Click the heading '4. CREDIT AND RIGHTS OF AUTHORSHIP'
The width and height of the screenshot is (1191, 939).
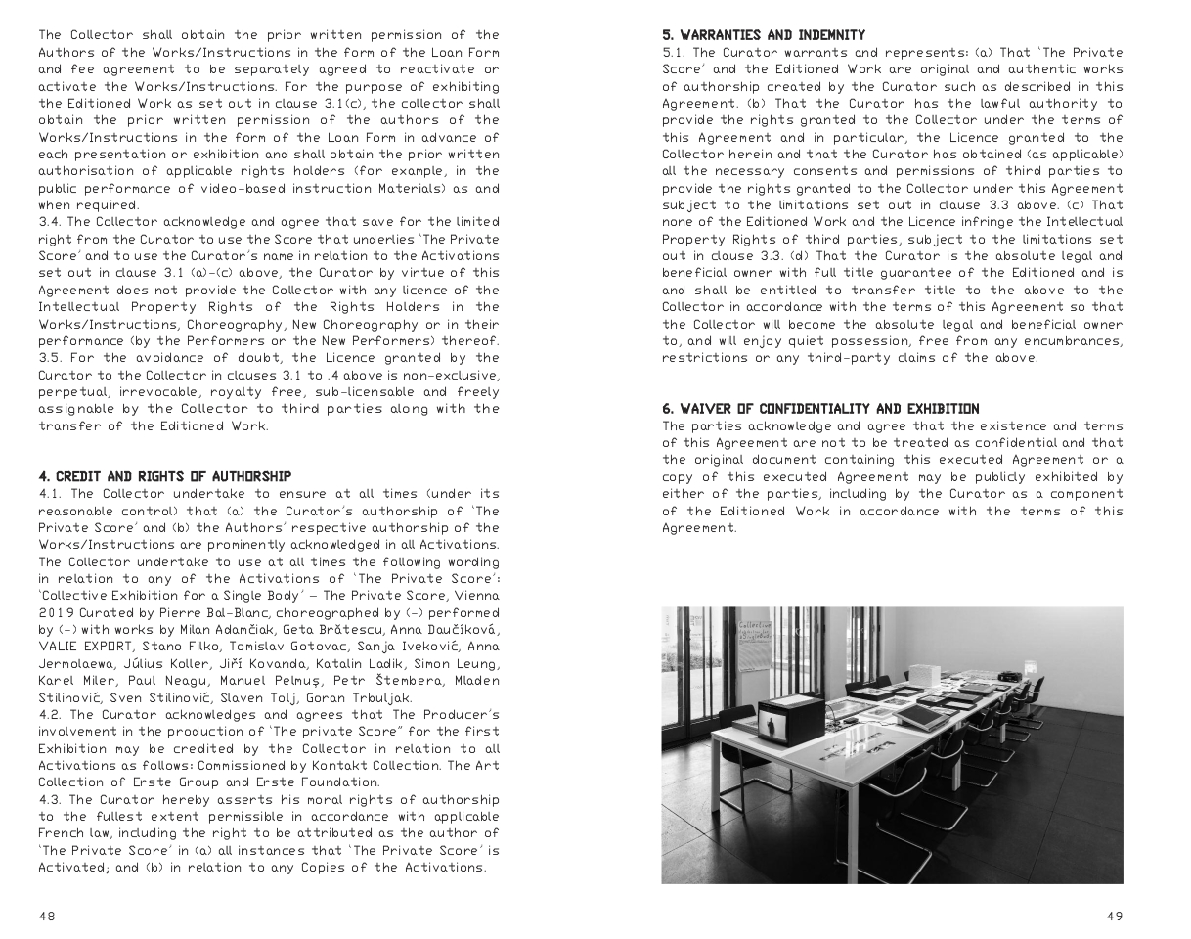[x=164, y=476]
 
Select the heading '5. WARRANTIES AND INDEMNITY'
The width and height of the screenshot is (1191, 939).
[x=764, y=35]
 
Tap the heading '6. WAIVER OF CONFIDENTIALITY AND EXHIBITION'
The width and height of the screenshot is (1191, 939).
[x=820, y=409]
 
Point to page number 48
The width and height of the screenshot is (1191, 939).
[x=47, y=917]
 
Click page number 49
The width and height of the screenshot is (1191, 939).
[x=1115, y=917]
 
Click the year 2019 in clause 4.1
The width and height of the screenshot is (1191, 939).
[x=56, y=612]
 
